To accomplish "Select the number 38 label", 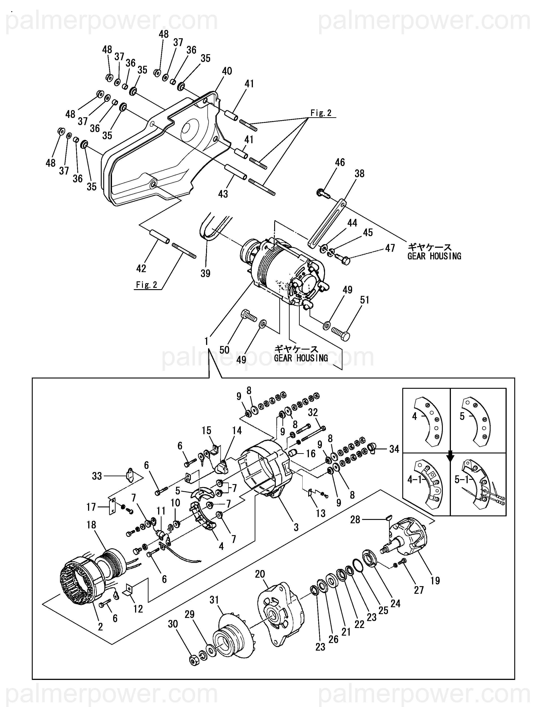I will tap(359, 173).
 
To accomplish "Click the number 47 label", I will tap(390, 248).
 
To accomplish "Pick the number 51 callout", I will tap(365, 300).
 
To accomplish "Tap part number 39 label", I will tap(205, 273).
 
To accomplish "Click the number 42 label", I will tap(141, 269).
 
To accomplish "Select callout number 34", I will tap(394, 449).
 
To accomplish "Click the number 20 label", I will tap(260, 574).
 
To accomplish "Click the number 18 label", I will tap(91, 525).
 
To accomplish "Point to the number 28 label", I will tap(355, 520).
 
